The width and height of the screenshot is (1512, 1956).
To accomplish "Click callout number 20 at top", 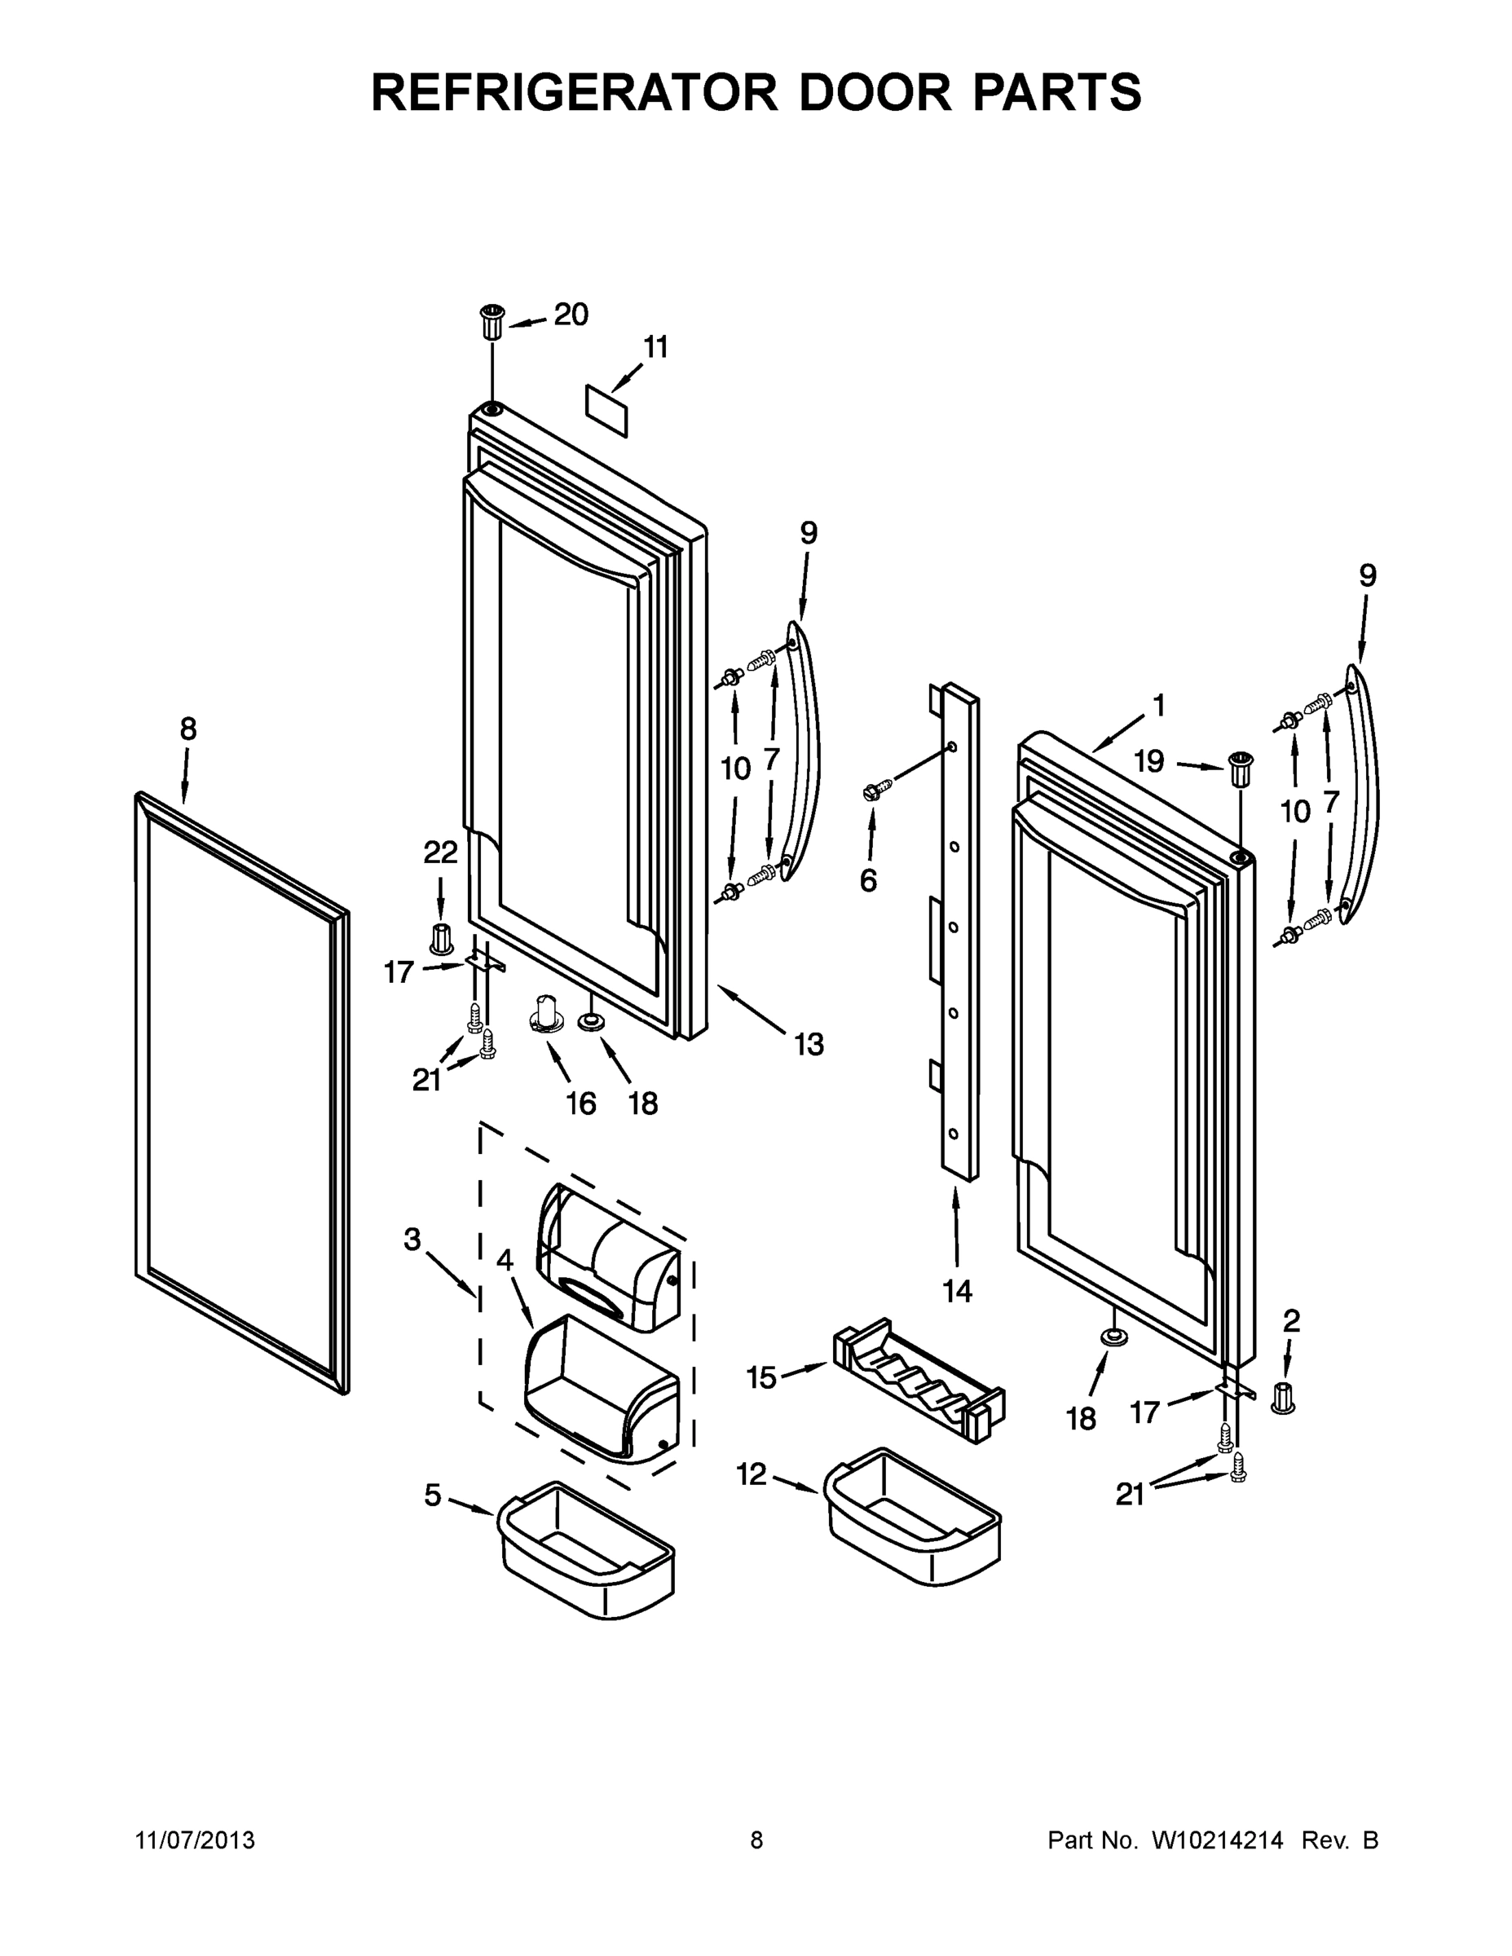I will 570,315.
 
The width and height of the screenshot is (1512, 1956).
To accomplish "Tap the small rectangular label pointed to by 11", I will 606,410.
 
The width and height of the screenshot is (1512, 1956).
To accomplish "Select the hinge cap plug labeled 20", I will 492,322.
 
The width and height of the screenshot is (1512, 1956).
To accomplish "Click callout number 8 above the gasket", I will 188,730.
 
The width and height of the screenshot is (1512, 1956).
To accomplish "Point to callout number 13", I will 809,1044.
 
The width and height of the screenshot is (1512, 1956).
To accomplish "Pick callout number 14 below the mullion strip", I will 957,1291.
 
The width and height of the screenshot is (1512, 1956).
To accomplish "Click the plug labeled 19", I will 1240,769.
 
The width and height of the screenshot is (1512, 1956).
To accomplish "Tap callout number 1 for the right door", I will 1158,706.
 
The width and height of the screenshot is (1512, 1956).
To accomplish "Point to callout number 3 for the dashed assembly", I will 412,1240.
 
